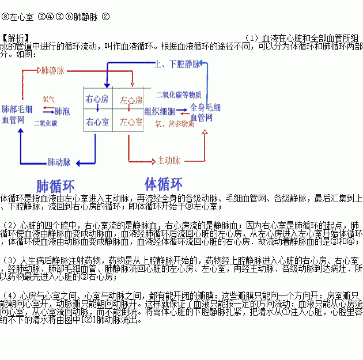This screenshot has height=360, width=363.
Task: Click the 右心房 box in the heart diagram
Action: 98,99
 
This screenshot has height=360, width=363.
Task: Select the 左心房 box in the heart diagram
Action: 131,100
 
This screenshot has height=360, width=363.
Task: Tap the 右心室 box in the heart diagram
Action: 98,122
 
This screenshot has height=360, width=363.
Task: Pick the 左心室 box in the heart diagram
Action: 131,122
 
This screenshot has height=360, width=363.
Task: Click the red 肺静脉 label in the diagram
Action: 52,70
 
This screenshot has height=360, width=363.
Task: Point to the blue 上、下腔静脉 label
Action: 177,64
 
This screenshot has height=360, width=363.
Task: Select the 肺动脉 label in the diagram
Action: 59,162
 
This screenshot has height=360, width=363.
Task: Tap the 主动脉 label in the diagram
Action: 169,160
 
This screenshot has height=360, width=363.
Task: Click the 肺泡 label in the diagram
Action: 62,111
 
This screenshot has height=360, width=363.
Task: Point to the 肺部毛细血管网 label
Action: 17,114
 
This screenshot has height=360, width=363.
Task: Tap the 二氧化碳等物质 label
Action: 179,94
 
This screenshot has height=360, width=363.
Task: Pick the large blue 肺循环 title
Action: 56,187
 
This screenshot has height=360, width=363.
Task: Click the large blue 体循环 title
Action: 164,184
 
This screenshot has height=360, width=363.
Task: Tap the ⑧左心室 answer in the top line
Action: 18,17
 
